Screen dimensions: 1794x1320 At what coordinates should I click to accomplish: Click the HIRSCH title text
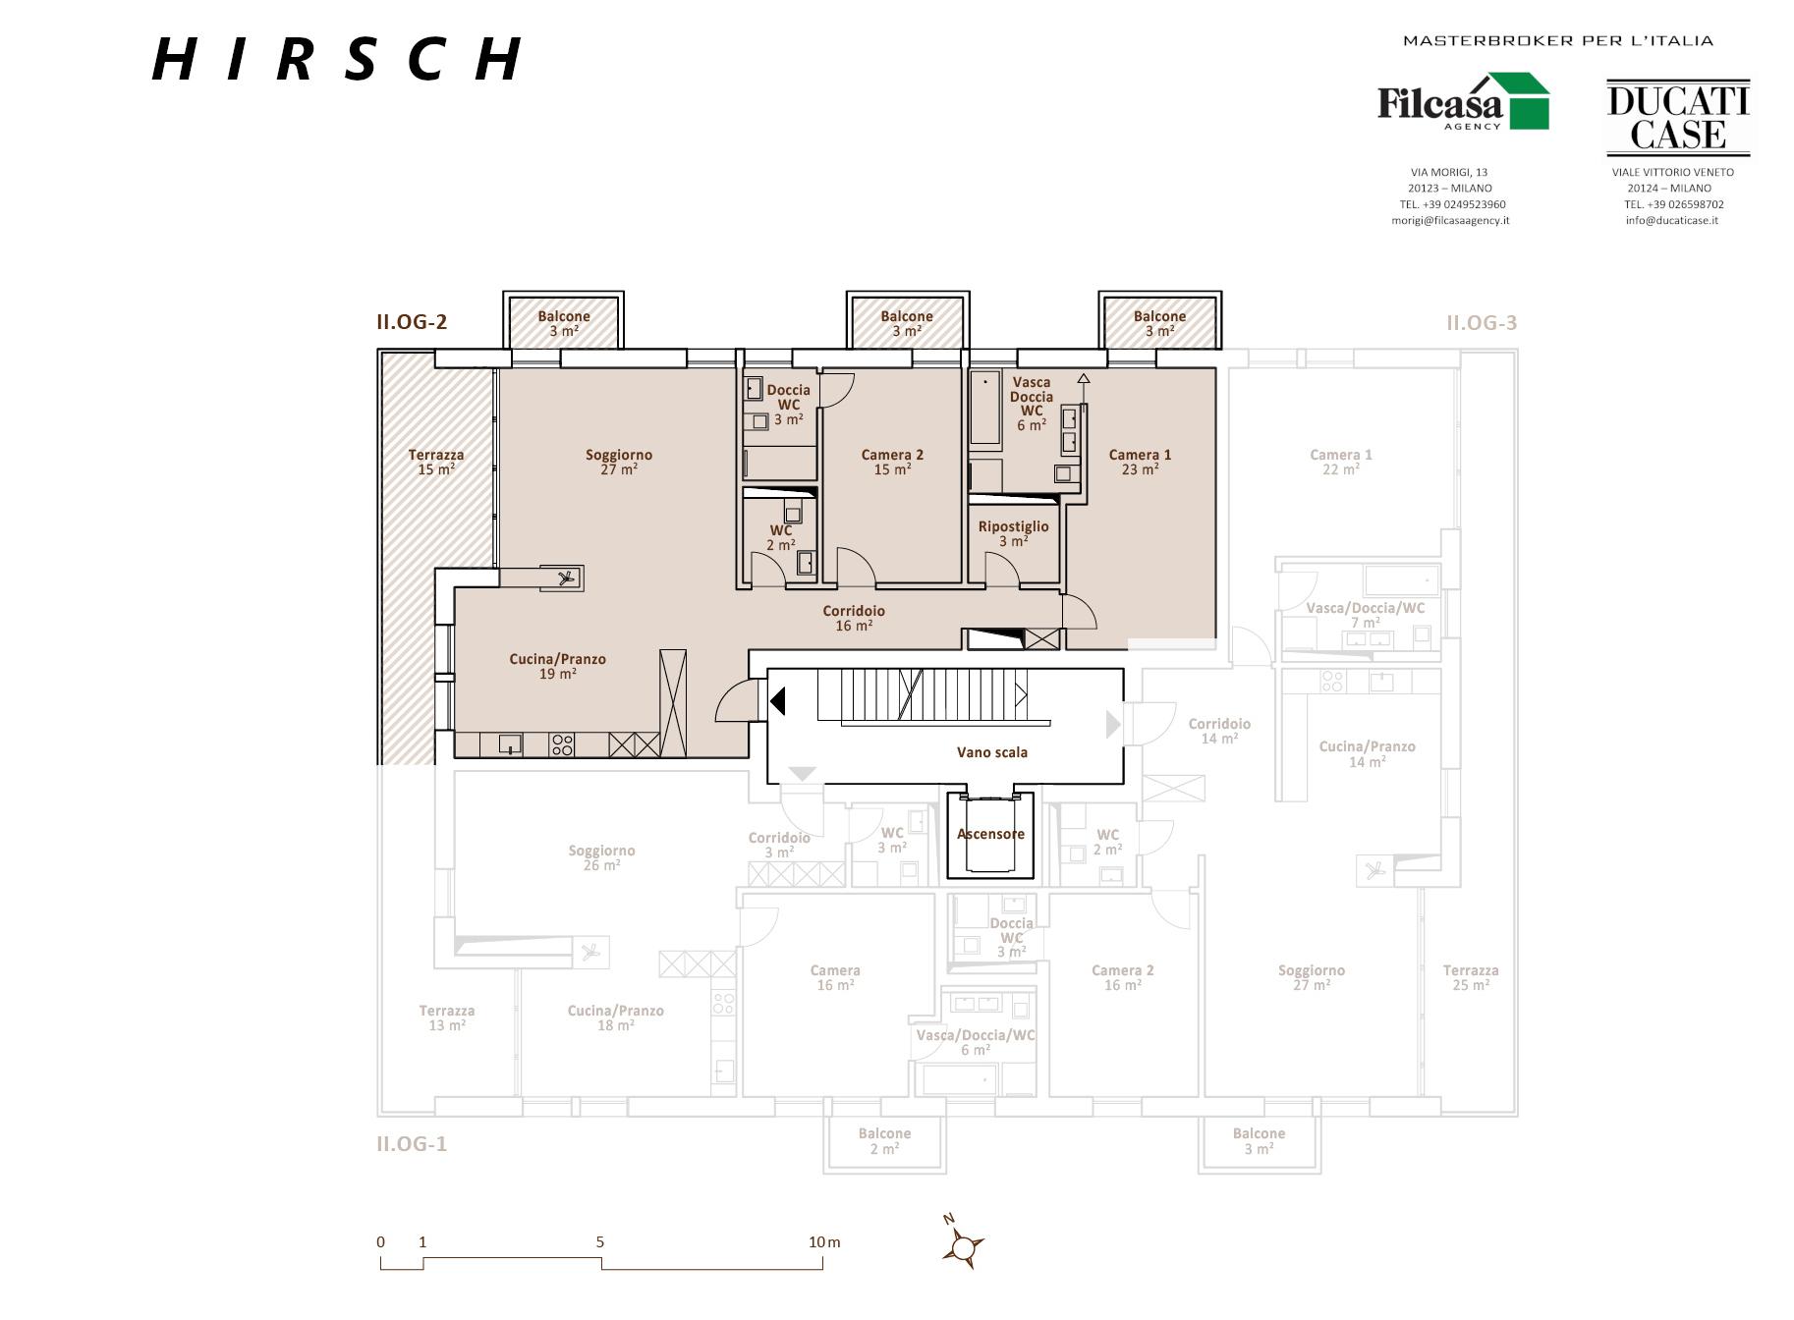337,59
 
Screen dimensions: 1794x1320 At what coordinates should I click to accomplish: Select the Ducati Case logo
1678,118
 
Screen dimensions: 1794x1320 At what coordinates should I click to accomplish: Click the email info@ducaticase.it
1671,220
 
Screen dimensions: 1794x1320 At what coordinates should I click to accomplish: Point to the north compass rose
963,1246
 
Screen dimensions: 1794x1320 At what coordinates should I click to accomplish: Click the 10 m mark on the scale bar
824,1242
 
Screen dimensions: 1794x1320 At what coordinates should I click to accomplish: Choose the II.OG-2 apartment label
412,322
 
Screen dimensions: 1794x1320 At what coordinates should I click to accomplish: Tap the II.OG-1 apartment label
412,1143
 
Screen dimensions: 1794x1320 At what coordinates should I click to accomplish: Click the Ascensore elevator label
990,834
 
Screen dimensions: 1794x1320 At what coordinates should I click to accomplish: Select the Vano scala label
992,752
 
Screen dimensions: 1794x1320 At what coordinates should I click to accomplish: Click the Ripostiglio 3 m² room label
1013,533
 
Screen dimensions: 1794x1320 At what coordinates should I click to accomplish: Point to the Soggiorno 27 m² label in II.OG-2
619,462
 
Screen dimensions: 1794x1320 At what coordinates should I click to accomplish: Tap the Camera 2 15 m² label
892,462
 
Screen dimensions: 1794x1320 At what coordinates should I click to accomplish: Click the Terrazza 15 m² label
436,462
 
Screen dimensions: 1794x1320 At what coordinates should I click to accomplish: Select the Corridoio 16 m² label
854,618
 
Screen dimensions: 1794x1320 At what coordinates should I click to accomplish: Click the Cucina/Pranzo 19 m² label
557,666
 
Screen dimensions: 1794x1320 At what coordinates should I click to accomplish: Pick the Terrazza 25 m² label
1471,977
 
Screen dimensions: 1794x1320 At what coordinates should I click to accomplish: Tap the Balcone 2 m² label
884,1140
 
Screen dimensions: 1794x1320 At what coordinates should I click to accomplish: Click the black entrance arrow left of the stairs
778,701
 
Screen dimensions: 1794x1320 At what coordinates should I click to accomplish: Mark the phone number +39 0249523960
1452,204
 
